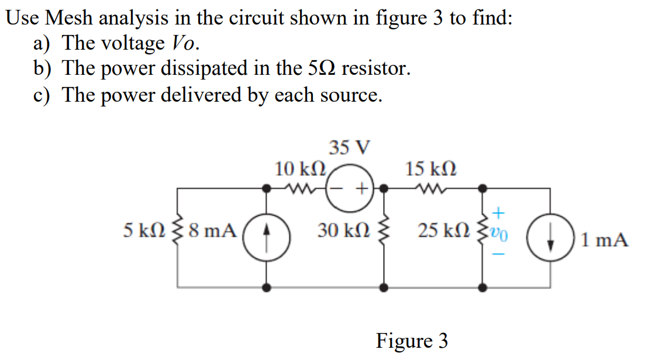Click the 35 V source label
coord(349,147)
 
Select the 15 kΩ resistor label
coord(431,169)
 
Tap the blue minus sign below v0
coord(500,255)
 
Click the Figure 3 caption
coord(412,340)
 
